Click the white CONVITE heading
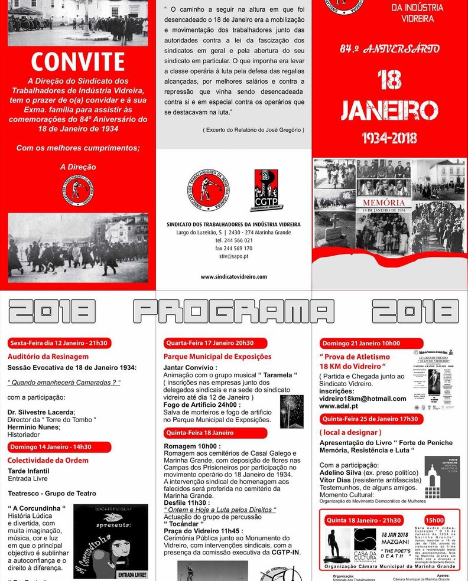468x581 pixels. tap(77, 62)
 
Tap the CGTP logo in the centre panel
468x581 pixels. tap(266, 190)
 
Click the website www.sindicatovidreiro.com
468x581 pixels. tap(233, 276)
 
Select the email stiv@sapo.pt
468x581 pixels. tap(233, 257)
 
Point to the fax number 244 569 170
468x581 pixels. tap(233, 249)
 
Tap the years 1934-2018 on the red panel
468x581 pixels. tap(389, 138)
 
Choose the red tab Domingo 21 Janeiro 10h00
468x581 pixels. tap(360, 343)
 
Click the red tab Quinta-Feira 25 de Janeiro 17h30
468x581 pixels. tap(370, 419)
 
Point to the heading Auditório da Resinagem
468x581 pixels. tap(48, 357)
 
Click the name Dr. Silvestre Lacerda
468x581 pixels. tap(41, 412)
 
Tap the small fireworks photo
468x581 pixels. tap(291, 410)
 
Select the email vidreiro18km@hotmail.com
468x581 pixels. tap(362, 399)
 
